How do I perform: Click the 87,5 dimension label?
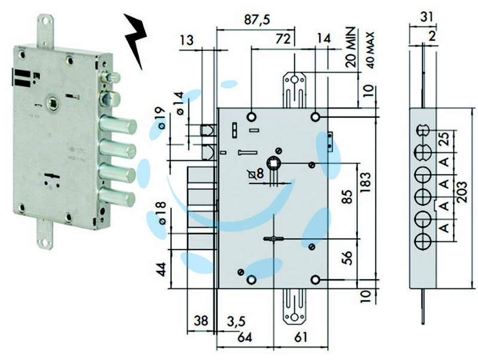[257, 20]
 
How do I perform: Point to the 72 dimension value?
[283, 39]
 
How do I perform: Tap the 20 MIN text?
[351, 47]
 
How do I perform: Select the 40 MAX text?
[370, 50]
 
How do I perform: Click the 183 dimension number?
[366, 182]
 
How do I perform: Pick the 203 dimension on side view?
[461, 192]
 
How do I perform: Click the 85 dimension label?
[347, 197]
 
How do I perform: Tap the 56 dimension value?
[347, 257]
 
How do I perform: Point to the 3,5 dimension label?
[236, 322]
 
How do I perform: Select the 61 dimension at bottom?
[301, 337]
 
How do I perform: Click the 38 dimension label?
[201, 321]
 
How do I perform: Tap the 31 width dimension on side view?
[427, 17]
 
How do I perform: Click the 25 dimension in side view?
[445, 139]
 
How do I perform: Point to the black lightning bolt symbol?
[136, 39]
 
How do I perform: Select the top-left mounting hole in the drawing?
[252, 117]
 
